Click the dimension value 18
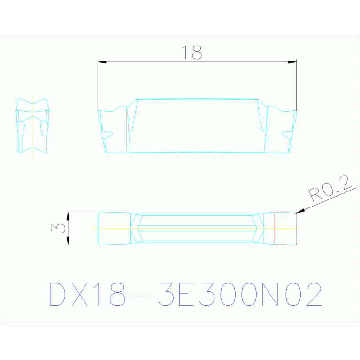191,53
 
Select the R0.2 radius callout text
330,189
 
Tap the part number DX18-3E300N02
185,294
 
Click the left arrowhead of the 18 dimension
102,62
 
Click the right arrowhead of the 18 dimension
292,62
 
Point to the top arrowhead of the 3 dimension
68,216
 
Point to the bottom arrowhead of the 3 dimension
68,241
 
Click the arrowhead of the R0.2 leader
299,212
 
